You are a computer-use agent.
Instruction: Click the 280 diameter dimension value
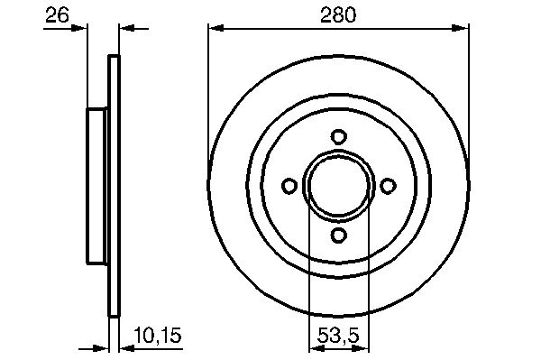338,15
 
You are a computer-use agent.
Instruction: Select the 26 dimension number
58,15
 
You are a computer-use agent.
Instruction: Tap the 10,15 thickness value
158,335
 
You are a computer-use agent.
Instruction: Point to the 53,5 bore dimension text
338,335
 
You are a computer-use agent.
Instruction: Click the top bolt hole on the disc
338,136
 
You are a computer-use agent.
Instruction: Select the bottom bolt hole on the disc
338,235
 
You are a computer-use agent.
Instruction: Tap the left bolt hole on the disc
289,186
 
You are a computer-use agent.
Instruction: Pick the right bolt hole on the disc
388,186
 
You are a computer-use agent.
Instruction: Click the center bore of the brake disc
338,186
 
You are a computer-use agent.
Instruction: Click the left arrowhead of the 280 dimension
216,28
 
